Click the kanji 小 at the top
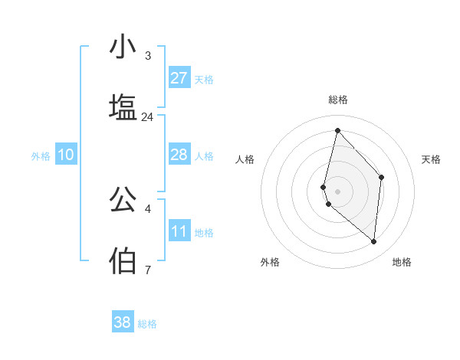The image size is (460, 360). point(123,47)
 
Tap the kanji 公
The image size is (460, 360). point(123,198)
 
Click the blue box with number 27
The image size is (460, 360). point(179,78)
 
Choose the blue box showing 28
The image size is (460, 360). point(179,155)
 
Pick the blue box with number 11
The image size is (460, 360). point(179,231)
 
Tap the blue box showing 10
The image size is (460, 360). point(66,155)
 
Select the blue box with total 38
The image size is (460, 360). point(123,322)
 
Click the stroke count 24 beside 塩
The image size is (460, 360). point(147,117)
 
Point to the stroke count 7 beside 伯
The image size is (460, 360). point(148,270)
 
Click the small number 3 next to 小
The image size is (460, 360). point(148,56)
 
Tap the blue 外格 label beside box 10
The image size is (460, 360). point(41,155)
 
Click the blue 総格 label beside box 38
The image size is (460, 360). point(147,324)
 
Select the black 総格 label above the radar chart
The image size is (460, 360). point(338,100)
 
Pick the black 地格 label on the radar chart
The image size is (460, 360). point(402,262)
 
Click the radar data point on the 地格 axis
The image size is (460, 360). point(373,242)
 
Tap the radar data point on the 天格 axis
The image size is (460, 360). point(382,177)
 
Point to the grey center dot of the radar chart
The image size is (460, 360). point(337,191)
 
